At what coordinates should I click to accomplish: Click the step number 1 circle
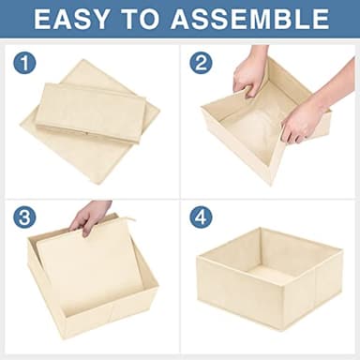coord(24,64)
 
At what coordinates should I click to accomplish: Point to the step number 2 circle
coord(201,64)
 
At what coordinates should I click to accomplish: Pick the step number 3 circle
coord(24,217)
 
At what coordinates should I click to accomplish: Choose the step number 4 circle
coord(201,217)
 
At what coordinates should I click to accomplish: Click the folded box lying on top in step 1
coord(89,111)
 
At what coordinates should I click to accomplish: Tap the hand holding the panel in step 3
coord(91,217)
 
